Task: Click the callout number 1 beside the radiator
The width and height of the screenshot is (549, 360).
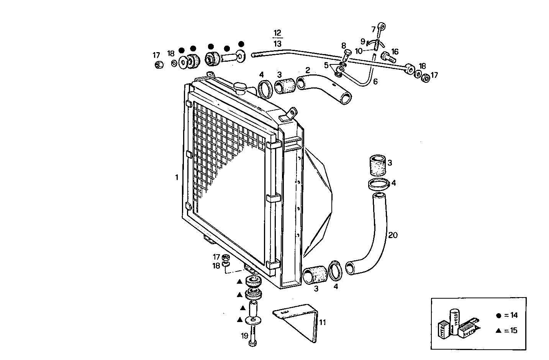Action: (177, 177)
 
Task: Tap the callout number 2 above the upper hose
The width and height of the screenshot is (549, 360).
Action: (307, 70)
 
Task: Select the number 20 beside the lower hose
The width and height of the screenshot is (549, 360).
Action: (393, 235)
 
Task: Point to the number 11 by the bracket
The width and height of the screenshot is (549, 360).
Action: (323, 322)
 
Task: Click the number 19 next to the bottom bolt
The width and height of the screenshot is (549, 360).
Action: (244, 336)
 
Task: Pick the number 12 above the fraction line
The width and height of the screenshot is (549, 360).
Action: (277, 32)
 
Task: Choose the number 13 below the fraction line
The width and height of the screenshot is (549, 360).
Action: (277, 44)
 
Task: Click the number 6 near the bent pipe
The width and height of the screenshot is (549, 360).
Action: (375, 81)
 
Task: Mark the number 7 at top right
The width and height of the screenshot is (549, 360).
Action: (374, 29)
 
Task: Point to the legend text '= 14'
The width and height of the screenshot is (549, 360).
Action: (511, 316)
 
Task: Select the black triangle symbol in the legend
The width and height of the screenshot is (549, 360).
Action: (498, 330)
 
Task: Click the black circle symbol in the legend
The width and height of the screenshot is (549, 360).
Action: (498, 316)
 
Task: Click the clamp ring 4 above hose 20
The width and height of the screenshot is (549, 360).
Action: (379, 184)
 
